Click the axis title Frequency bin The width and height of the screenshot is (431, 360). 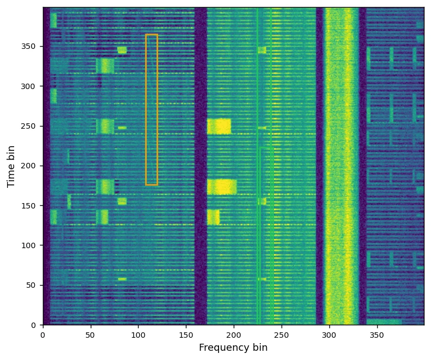(x=233, y=348)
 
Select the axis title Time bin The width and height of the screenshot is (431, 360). (x=11, y=166)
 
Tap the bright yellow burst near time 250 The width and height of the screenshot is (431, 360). (x=219, y=127)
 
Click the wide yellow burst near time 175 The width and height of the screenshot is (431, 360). (x=222, y=187)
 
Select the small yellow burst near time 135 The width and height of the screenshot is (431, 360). (x=213, y=217)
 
